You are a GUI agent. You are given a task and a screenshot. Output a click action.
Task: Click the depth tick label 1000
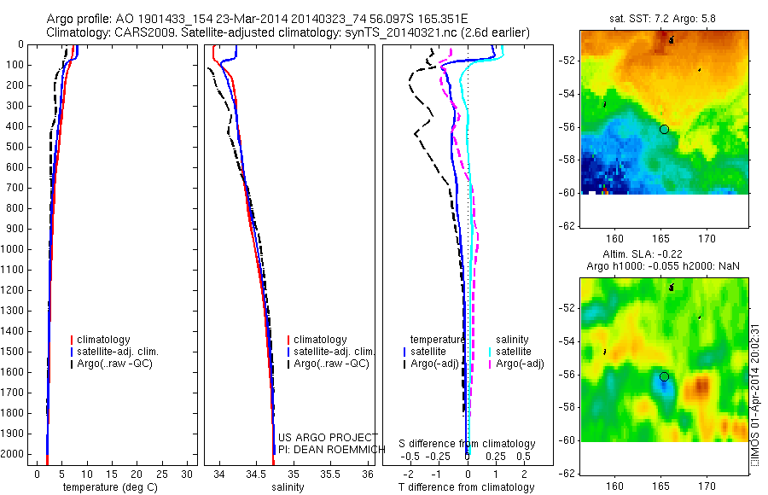click(13, 249)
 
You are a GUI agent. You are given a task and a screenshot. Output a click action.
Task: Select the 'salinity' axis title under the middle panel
click(288, 487)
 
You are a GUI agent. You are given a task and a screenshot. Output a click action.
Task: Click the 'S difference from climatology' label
click(468, 444)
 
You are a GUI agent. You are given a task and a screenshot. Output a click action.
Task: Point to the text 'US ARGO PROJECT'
click(328, 438)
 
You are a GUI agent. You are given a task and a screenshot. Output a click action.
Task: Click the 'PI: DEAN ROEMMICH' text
click(328, 449)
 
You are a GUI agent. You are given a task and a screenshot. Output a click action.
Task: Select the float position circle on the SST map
click(664, 129)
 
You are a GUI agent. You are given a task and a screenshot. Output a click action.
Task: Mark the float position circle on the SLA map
click(664, 376)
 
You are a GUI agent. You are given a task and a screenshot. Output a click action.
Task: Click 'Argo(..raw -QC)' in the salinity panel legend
click(331, 364)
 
